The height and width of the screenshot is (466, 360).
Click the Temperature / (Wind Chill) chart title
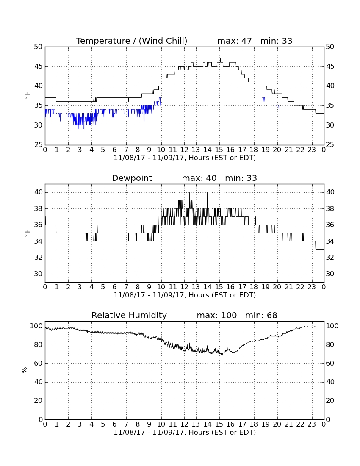coord(132,41)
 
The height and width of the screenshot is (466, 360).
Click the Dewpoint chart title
coord(132,178)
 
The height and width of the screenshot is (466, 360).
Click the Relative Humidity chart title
coord(129,315)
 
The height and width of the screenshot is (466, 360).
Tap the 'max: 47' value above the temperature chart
coord(234,41)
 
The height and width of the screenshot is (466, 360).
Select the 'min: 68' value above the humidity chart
coord(261,315)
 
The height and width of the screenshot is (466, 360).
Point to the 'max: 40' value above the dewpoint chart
coord(199,178)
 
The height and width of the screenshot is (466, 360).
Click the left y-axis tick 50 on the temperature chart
coord(39,47)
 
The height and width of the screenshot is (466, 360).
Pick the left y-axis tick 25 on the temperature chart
coord(39,145)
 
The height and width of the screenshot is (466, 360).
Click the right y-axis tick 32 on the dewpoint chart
coord(330,258)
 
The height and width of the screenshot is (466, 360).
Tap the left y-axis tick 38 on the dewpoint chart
coord(39,208)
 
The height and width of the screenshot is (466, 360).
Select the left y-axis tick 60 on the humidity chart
coord(39,363)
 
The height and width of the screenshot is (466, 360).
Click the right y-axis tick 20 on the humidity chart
coord(330,401)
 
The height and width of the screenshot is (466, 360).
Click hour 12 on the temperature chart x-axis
coord(184,150)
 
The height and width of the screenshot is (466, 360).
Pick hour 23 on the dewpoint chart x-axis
coord(312,287)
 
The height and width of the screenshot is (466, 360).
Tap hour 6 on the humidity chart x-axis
coord(115,424)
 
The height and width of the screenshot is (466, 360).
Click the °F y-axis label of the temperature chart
coord(27,96)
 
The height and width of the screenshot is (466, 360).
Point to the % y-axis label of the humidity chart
coord(25,370)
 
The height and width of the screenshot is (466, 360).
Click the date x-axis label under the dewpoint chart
coord(185,295)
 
